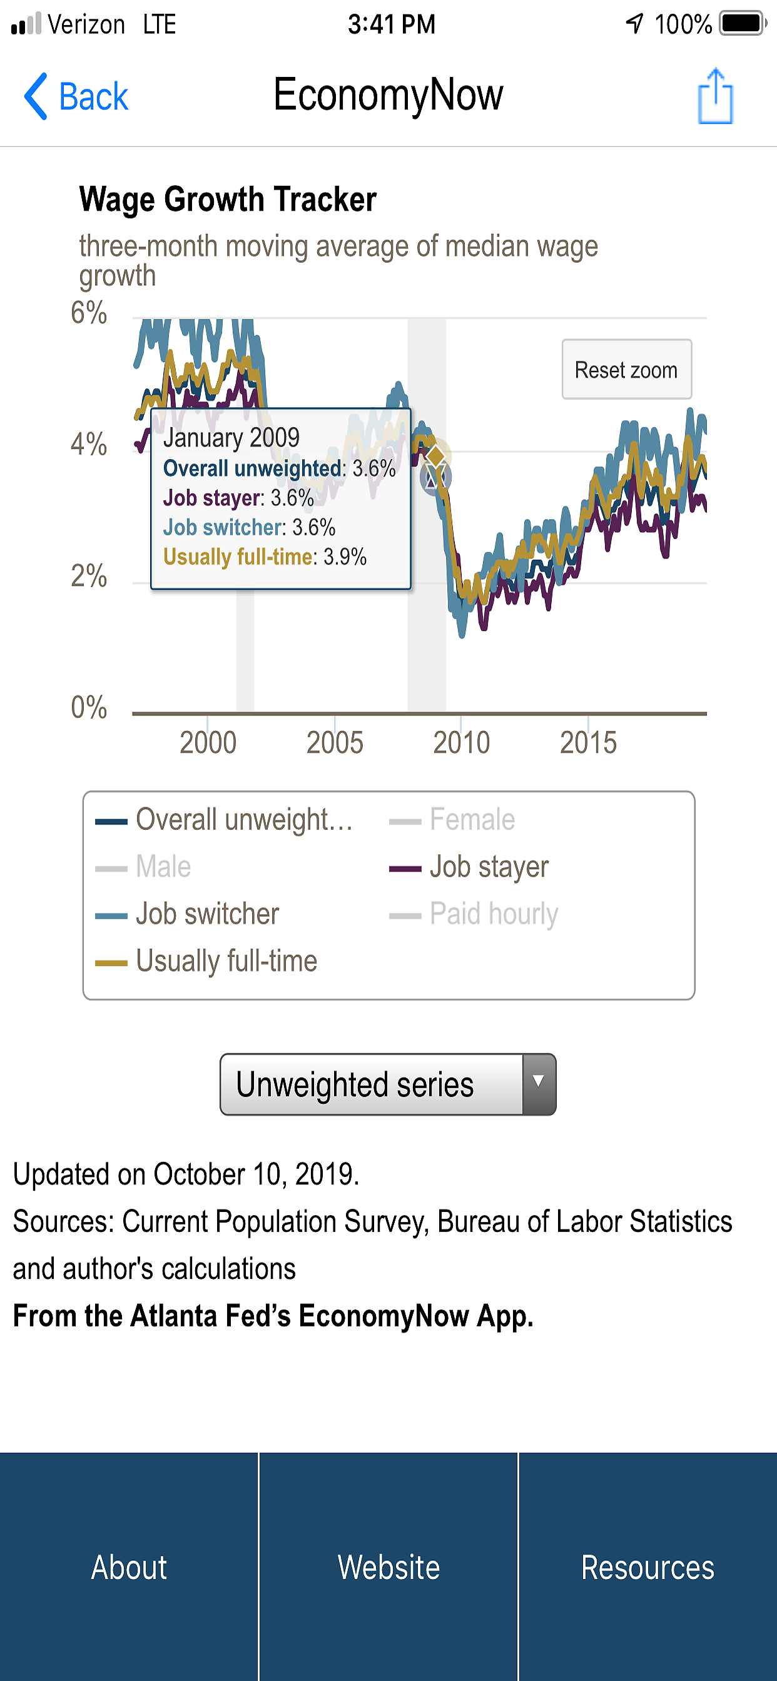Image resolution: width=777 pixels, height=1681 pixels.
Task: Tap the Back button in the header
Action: pyautogui.click(x=76, y=96)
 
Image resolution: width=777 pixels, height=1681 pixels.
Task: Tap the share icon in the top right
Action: pyautogui.click(x=715, y=96)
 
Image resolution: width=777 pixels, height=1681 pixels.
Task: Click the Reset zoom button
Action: pyautogui.click(x=626, y=370)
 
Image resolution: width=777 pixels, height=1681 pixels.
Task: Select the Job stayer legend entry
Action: pyautogui.click(x=489, y=867)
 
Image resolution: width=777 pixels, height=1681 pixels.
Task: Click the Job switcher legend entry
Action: pyautogui.click(x=207, y=914)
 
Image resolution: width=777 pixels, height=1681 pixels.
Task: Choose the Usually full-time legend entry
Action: pyautogui.click(x=226, y=961)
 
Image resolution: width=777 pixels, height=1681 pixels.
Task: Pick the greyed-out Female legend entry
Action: pyautogui.click(x=472, y=820)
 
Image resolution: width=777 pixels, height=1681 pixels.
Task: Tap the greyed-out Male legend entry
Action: pyautogui.click(x=163, y=867)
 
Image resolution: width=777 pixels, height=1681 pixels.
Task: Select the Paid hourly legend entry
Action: pyautogui.click(x=494, y=914)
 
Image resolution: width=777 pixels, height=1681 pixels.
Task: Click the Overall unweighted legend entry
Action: pyautogui.click(x=243, y=820)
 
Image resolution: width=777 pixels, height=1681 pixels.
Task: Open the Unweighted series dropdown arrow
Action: pyautogui.click(x=539, y=1084)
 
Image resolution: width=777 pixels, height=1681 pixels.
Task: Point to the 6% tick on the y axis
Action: pyautogui.click(x=89, y=313)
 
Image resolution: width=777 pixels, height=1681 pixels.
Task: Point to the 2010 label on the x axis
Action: pyautogui.click(x=461, y=742)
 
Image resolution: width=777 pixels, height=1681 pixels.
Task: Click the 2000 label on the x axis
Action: pyautogui.click(x=208, y=742)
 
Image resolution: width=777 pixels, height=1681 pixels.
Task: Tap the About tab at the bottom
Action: pyautogui.click(x=129, y=1567)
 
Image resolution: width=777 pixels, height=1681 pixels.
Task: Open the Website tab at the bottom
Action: pyautogui.click(x=388, y=1567)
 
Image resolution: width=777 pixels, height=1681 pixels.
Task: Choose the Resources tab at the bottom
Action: pyautogui.click(x=647, y=1567)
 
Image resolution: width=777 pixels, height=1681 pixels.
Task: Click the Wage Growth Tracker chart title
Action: pyautogui.click(x=228, y=199)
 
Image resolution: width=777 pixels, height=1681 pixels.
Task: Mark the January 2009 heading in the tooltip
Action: pyautogui.click(x=231, y=437)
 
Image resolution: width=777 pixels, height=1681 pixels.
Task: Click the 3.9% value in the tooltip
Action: pyautogui.click(x=345, y=557)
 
